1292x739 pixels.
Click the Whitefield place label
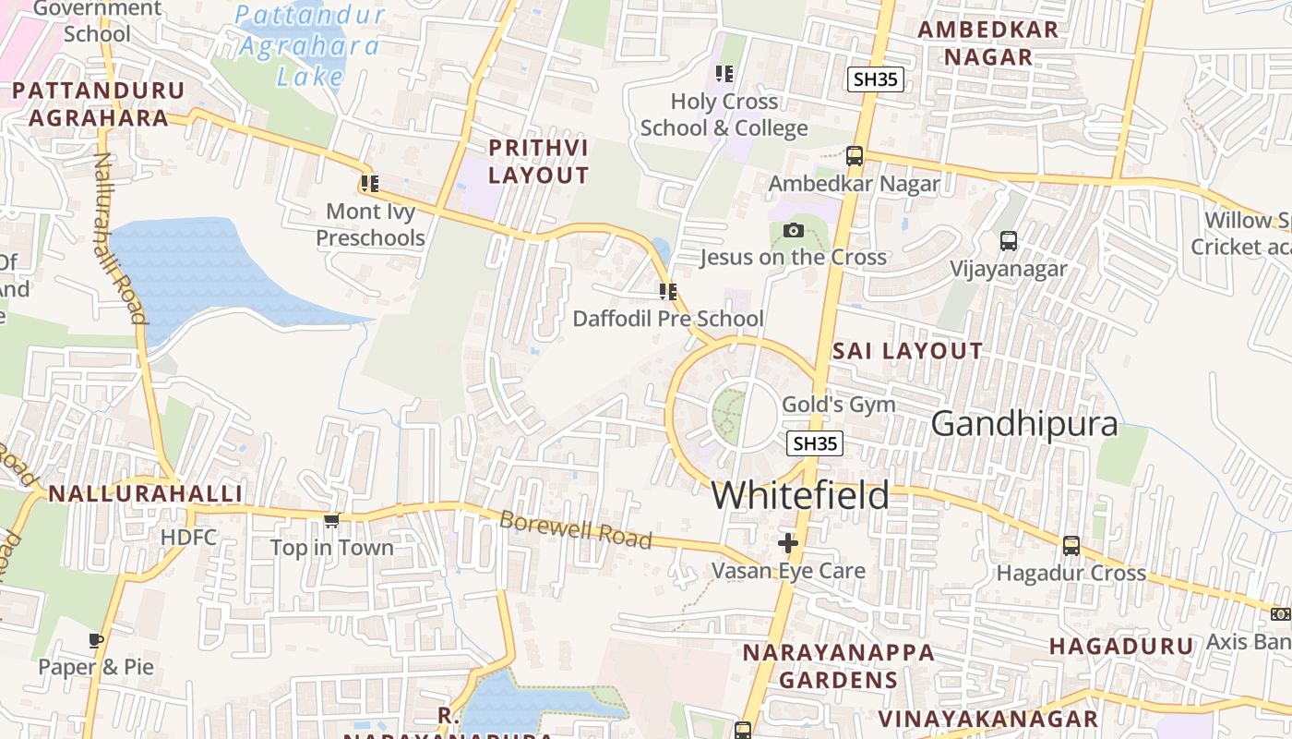(800, 495)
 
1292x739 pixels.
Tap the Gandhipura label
(1024, 424)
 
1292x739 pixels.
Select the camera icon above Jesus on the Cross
(793, 230)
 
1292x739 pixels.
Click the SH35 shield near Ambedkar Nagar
(875, 79)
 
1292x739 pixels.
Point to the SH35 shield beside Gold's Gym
(816, 443)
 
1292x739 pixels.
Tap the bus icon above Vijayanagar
(1009, 241)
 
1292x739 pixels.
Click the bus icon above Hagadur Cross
(1071, 546)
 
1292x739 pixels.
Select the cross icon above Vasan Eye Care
(787, 543)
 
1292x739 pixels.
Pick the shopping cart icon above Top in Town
(332, 521)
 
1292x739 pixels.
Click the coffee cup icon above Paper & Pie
(96, 640)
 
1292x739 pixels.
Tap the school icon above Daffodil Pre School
(668, 292)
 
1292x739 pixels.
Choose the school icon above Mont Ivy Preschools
(370, 184)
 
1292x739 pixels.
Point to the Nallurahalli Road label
(121, 238)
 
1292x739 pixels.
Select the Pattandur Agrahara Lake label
(308, 44)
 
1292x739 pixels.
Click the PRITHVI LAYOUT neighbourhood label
(538, 162)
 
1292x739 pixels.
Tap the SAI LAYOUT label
(907, 351)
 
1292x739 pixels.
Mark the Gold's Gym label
(838, 405)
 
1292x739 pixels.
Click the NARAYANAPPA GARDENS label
(838, 666)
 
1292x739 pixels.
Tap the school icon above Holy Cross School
(724, 73)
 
